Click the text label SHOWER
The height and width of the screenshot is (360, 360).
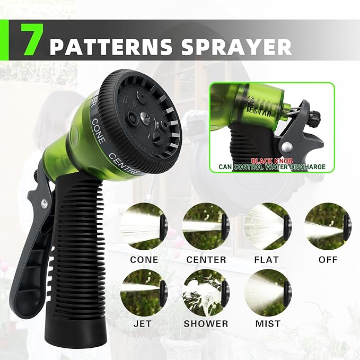[x=206, y=323]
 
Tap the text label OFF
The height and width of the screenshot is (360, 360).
[x=328, y=260]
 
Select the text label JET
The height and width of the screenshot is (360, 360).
[x=144, y=323]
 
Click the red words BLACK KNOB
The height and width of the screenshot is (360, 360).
[x=272, y=160]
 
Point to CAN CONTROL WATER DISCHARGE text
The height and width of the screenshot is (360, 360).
[x=272, y=167]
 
